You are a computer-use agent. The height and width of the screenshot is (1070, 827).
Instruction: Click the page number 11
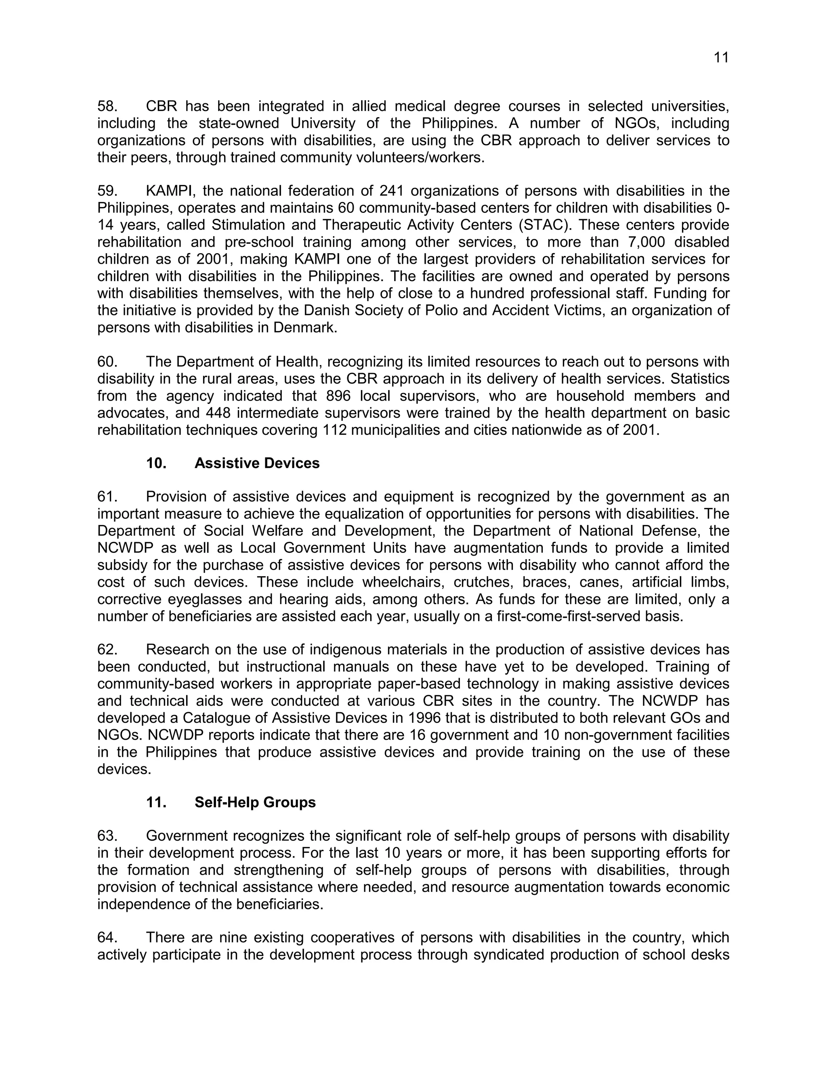[x=721, y=58]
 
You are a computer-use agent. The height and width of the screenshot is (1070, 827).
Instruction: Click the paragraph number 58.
[x=107, y=106]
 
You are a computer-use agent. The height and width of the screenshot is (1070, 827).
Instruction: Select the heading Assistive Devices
[x=257, y=463]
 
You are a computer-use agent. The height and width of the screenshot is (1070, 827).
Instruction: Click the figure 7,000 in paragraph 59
[x=636, y=242]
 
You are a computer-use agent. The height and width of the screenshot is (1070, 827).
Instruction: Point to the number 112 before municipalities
[x=336, y=430]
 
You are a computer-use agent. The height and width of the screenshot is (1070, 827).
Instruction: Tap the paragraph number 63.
[x=107, y=835]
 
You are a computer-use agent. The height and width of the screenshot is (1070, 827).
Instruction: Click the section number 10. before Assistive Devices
[x=156, y=463]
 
